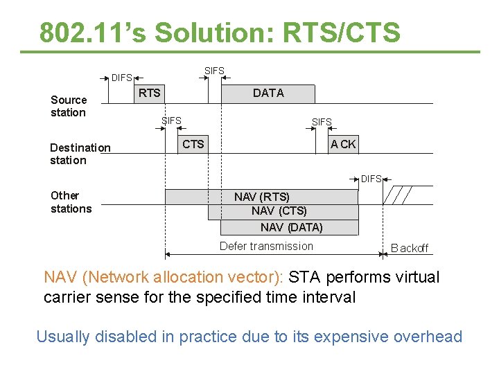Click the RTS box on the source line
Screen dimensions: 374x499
149,93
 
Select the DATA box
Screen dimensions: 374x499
268,93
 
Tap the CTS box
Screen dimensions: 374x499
193,144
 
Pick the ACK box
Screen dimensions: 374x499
343,144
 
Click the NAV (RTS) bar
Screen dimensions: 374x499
261,197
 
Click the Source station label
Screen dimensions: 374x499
69,106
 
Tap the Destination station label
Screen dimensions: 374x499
80,154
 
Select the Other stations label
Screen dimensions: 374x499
71,202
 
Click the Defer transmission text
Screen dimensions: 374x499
266,246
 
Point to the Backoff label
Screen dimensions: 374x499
410,248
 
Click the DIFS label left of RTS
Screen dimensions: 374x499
122,78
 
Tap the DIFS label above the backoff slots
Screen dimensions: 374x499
371,179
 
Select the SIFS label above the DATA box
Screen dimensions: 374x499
214,71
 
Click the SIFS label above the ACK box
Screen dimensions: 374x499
322,122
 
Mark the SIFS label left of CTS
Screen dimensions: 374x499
171,121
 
